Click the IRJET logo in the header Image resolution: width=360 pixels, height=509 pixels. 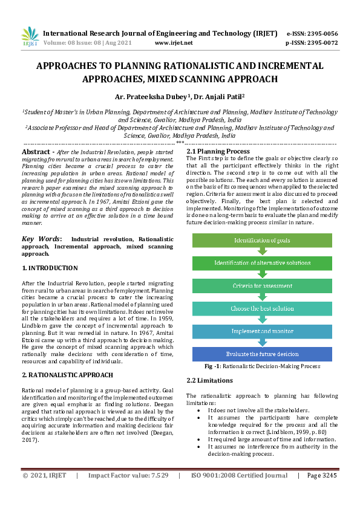(x=30, y=37)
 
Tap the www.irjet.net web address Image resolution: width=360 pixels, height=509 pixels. (x=174, y=44)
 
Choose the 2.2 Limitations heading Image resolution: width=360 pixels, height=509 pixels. (x=209, y=380)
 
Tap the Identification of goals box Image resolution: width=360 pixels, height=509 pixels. (x=262, y=240)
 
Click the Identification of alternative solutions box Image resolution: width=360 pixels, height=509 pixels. (x=262, y=263)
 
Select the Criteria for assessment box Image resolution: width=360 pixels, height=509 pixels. (x=262, y=285)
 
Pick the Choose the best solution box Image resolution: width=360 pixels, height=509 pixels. (x=262, y=308)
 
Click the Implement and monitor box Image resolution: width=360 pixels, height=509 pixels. (x=262, y=331)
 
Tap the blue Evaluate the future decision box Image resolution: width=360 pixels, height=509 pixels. (x=262, y=354)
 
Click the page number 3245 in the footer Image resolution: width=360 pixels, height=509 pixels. (x=328, y=493)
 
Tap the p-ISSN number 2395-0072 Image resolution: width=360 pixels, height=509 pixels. (x=322, y=44)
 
